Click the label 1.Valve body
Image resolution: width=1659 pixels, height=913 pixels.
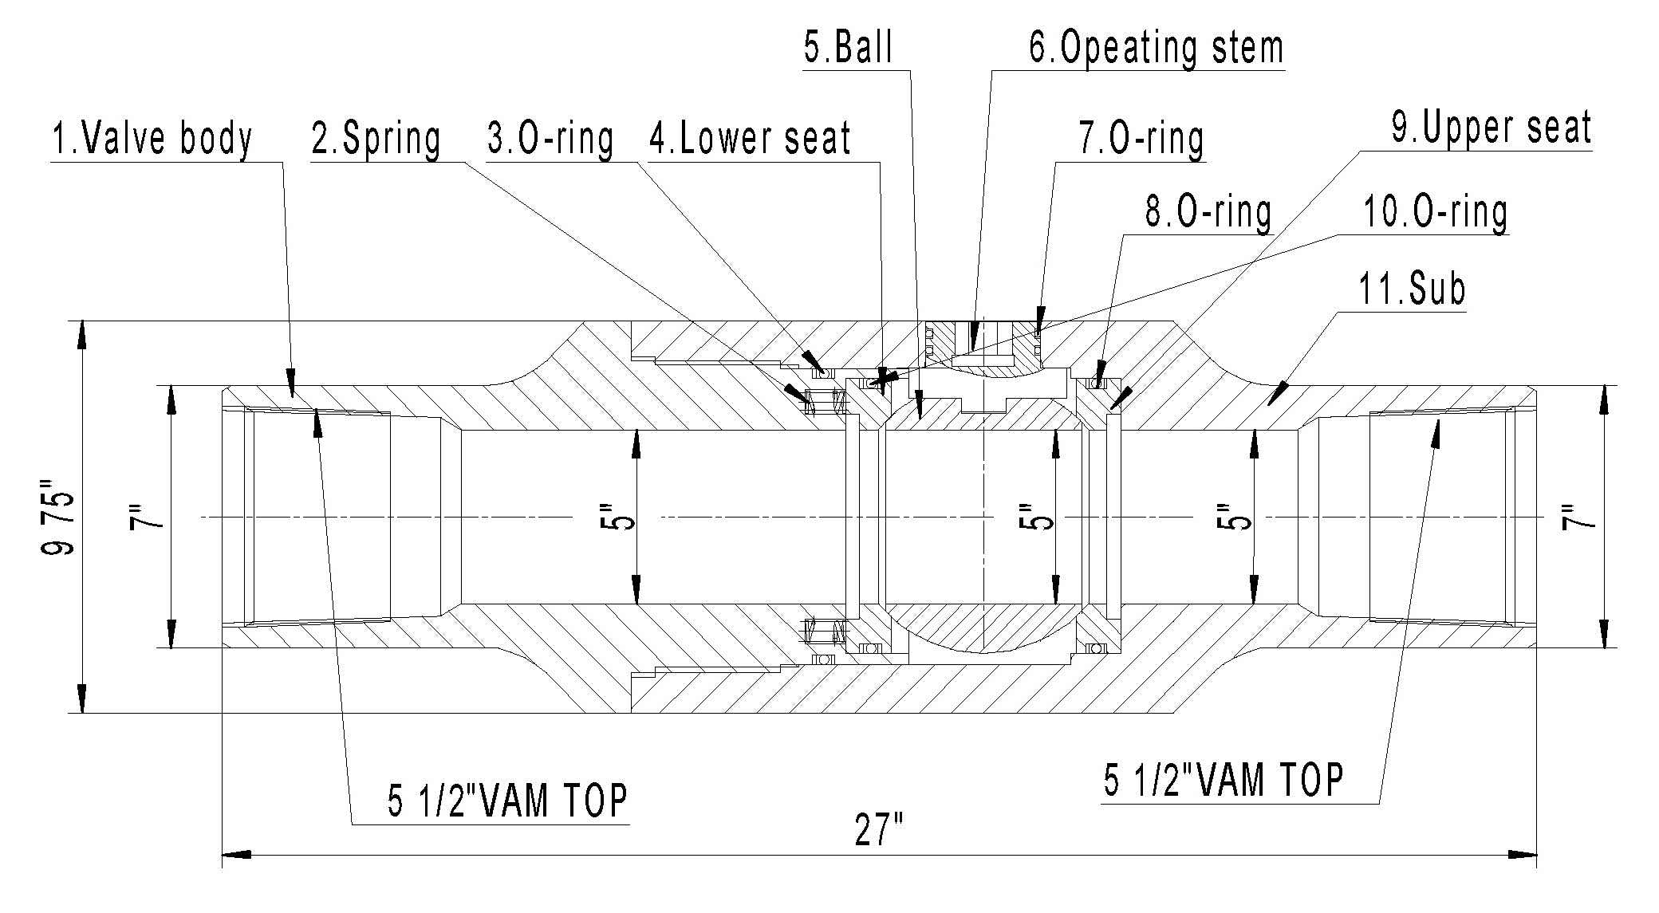(x=152, y=139)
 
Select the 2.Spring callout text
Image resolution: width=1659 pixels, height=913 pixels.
(x=376, y=139)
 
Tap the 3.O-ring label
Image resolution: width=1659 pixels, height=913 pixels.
(x=550, y=139)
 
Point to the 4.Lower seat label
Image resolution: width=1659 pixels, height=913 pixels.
(x=750, y=139)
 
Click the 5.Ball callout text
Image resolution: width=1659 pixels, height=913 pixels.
(x=848, y=48)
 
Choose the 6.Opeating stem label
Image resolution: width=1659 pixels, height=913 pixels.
(x=1156, y=48)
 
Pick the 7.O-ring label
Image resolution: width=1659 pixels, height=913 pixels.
(x=1141, y=139)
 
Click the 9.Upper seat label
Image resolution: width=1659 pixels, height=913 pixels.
(x=1492, y=128)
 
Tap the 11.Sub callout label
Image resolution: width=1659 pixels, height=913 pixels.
(x=1412, y=289)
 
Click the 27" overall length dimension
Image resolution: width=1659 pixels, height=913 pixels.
(x=878, y=832)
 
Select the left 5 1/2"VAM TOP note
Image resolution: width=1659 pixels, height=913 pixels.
(x=508, y=801)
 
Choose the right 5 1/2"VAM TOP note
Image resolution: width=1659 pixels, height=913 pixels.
(x=1224, y=781)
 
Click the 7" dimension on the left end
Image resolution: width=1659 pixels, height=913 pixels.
(x=147, y=517)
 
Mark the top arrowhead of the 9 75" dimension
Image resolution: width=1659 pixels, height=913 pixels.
(x=80, y=335)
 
